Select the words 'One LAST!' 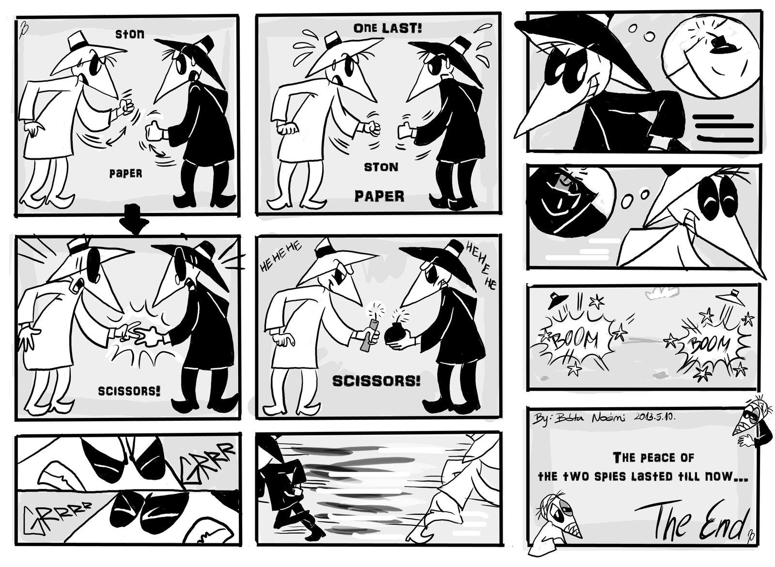point(387,28)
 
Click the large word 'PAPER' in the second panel point(380,196)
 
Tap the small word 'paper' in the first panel point(125,173)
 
